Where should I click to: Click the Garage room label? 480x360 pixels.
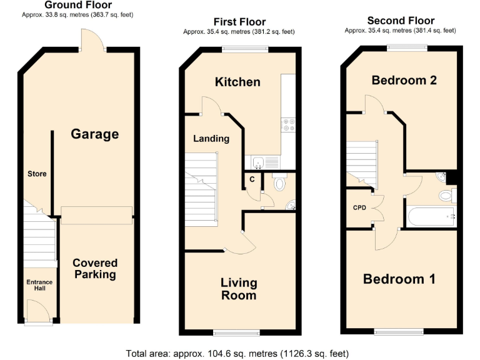click(x=94, y=134)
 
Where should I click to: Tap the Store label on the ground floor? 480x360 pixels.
click(x=36, y=174)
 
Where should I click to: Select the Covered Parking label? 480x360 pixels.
click(x=94, y=269)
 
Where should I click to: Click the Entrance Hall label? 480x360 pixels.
click(x=39, y=286)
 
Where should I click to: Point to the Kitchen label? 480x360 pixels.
click(x=237, y=82)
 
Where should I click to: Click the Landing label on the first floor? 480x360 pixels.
click(x=211, y=139)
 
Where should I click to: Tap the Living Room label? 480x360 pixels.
click(x=239, y=289)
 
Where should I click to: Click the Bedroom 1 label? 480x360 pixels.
click(x=399, y=279)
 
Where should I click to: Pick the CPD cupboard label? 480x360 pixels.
click(x=359, y=207)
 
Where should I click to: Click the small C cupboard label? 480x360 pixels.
click(x=252, y=179)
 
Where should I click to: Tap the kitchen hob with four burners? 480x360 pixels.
click(x=289, y=125)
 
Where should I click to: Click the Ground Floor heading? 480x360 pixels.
click(x=78, y=5)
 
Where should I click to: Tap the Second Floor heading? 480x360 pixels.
click(x=401, y=21)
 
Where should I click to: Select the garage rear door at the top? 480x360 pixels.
click(x=92, y=41)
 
